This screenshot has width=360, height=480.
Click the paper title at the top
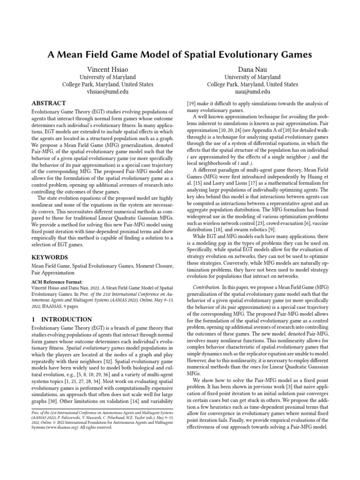coord(180,55)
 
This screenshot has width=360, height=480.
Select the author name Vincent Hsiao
coord(108,69)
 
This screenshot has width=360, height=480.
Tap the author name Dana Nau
coord(252,69)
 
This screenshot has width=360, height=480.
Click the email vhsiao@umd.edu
coord(108,92)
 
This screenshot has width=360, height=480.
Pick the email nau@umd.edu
coord(252,92)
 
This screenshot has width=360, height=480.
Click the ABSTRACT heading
coord(48,103)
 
